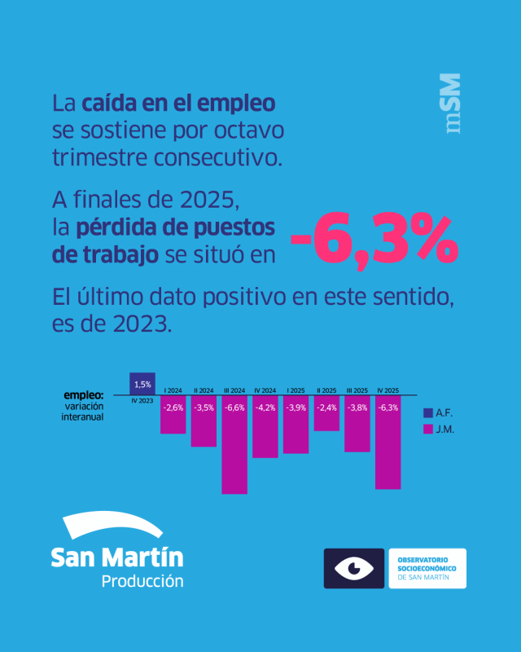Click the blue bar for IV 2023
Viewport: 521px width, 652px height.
(x=142, y=383)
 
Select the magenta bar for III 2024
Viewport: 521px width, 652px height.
(x=234, y=445)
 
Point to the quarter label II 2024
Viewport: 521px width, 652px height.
(x=204, y=390)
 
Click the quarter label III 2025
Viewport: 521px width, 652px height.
(x=357, y=390)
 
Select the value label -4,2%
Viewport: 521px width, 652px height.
(x=265, y=407)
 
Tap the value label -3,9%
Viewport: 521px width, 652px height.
(x=296, y=407)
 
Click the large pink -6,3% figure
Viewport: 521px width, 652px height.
(x=374, y=239)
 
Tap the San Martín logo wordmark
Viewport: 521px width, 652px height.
(x=116, y=557)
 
